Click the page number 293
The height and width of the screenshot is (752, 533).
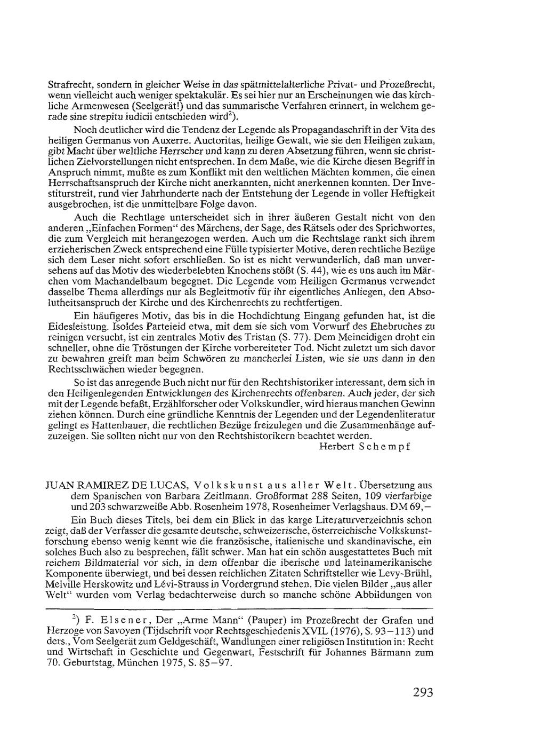click(x=423, y=693)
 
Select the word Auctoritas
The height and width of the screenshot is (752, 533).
click(x=219, y=141)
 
